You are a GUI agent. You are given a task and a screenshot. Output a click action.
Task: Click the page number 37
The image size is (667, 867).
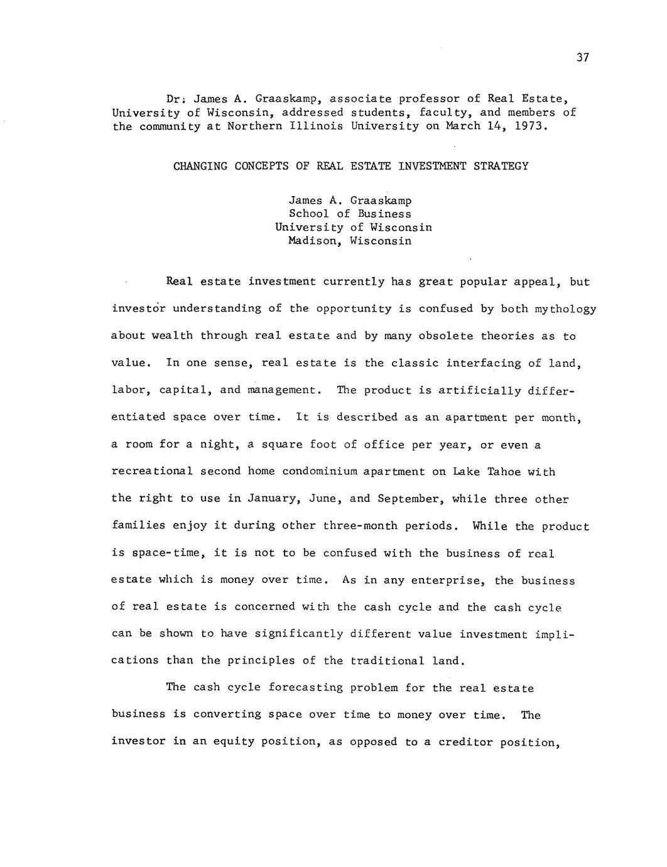tap(582, 58)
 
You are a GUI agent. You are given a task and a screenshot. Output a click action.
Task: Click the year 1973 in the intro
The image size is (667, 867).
tap(533, 126)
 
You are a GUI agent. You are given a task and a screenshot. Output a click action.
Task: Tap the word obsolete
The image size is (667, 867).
tap(445, 336)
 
